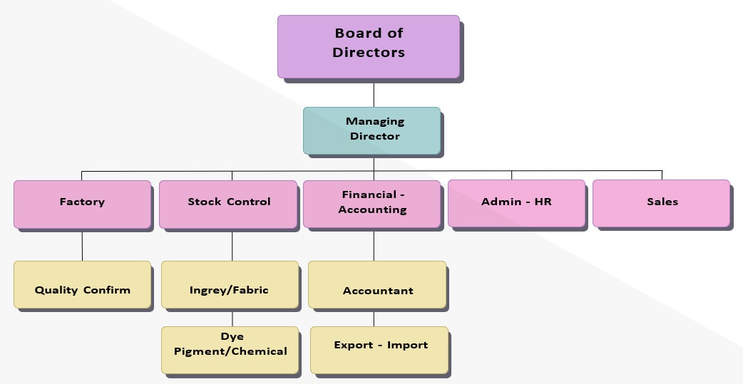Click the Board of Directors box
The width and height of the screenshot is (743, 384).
click(x=369, y=46)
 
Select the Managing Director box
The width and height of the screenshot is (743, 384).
click(x=371, y=130)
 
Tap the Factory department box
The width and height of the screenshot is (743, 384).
click(x=82, y=204)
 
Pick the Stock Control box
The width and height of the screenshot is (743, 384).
click(x=228, y=204)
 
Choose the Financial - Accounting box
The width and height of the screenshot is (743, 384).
click(x=371, y=204)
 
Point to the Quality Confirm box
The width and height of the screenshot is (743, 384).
click(x=83, y=284)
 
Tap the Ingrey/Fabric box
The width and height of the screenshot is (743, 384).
click(x=230, y=284)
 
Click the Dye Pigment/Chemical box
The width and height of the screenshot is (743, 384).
click(x=230, y=349)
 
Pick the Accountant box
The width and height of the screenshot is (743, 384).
click(x=377, y=284)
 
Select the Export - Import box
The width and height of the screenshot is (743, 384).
click(x=379, y=349)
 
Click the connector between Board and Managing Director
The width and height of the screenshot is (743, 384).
click(x=374, y=93)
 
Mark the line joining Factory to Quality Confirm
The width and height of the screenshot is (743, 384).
click(x=82, y=244)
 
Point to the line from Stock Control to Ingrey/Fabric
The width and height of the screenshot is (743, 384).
click(x=232, y=244)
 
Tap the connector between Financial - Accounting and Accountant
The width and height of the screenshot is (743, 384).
click(x=374, y=244)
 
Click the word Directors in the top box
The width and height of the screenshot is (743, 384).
click(x=369, y=53)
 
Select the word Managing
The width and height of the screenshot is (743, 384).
click(x=375, y=122)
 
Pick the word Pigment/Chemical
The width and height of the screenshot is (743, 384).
click(x=230, y=351)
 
